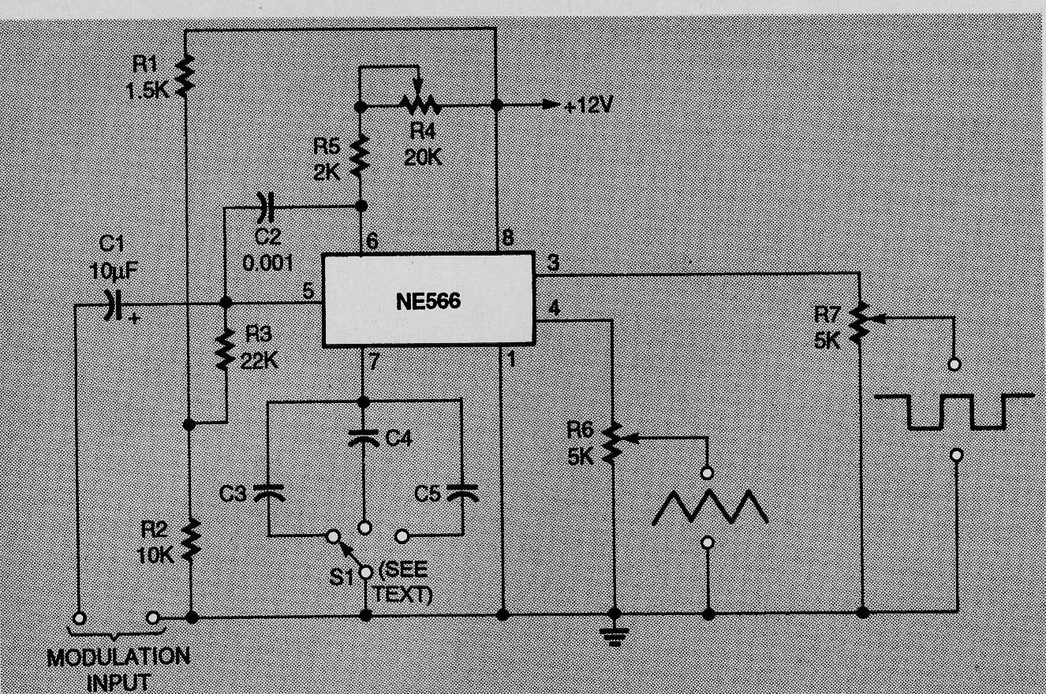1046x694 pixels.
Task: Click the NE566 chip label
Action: pos(428,301)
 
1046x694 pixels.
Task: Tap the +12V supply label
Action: pos(588,106)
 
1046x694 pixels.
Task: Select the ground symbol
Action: pos(615,636)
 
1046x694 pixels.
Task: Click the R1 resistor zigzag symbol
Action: pos(185,76)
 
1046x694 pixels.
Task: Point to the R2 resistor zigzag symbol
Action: pos(191,539)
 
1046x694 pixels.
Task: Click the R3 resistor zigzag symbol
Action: pos(225,349)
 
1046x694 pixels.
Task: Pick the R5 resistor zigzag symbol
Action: pos(360,156)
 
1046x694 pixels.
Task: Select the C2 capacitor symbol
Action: pos(266,207)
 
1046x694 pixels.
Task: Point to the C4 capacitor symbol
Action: pos(364,439)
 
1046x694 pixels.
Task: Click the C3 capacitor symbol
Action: pos(268,494)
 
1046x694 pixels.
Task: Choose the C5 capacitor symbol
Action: pos(462,493)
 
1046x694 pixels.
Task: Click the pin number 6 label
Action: pos(372,241)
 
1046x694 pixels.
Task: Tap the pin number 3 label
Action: pos(553,263)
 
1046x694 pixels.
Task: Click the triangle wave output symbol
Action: pos(710,507)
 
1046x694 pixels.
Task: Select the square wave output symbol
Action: pos(954,412)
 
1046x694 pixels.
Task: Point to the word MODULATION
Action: pos(118,657)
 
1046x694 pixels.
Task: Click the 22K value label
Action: pos(260,360)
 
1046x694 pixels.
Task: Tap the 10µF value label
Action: pos(114,271)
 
